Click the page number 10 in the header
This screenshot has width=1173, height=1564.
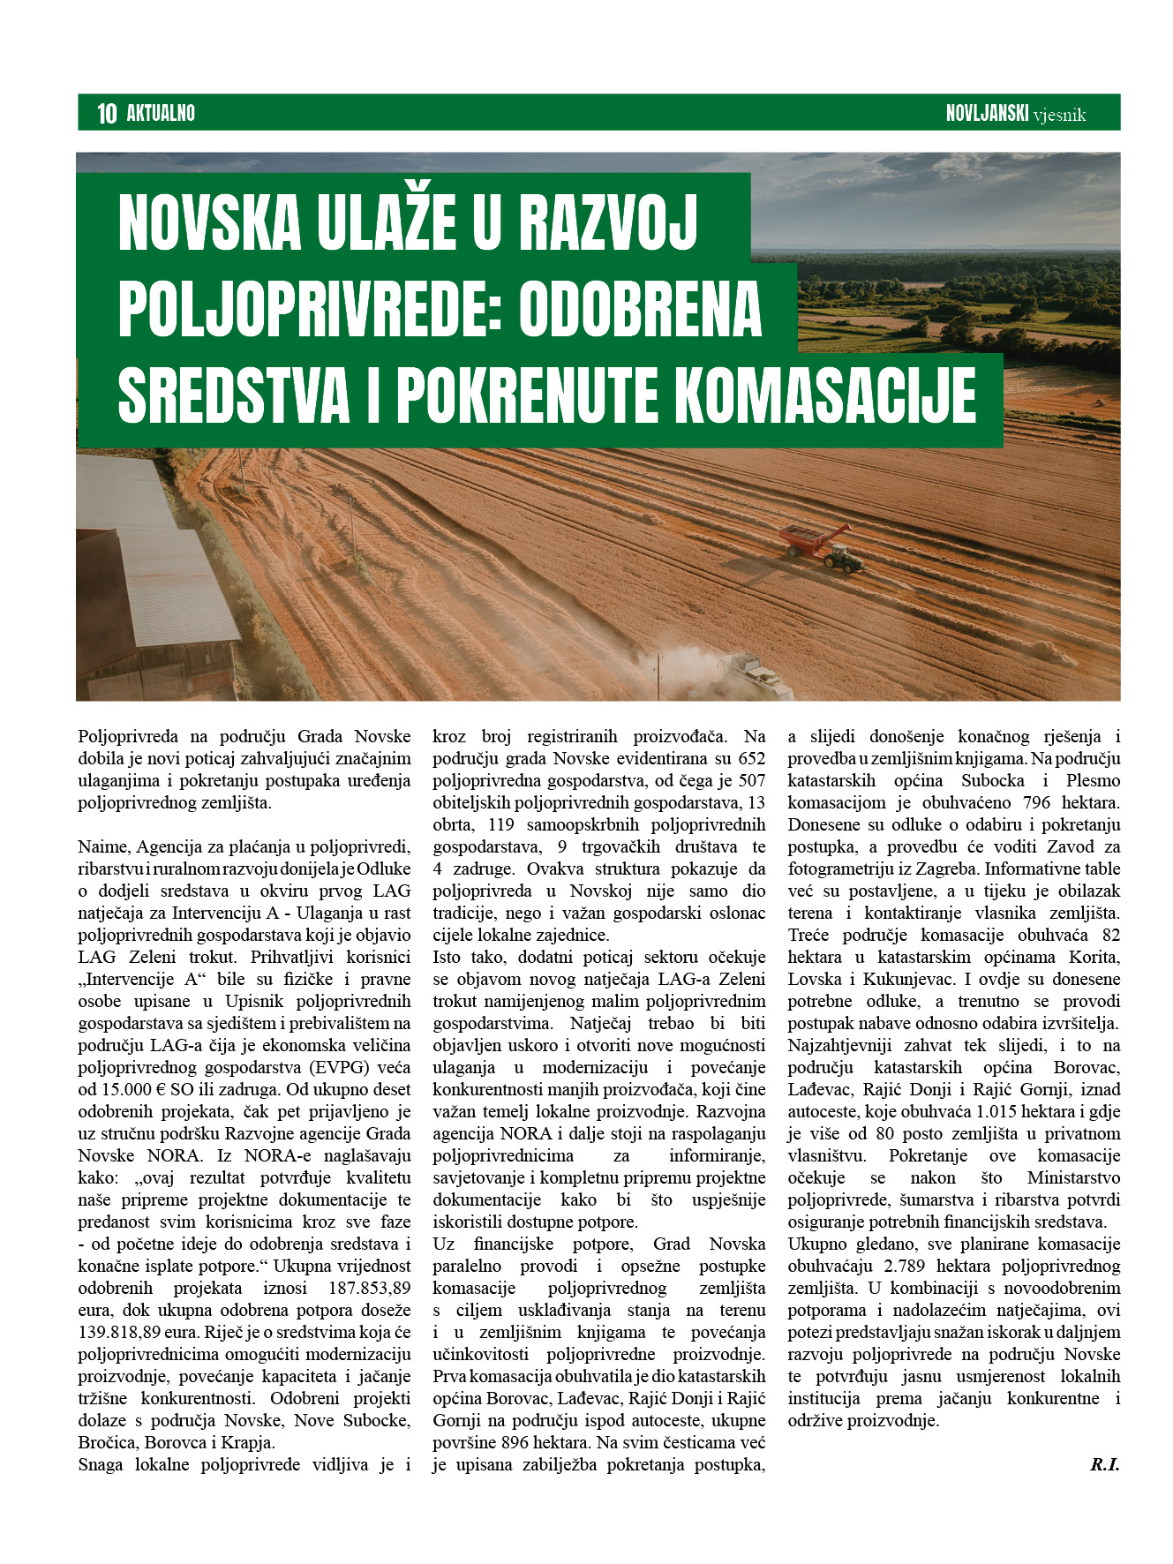click(107, 113)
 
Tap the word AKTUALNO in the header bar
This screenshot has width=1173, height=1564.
click(161, 113)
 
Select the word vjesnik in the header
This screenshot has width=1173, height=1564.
click(1060, 115)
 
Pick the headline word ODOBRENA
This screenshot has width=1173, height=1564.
click(640, 309)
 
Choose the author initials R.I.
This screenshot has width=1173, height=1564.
click(1104, 1465)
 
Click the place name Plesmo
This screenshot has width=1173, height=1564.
click(1093, 781)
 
